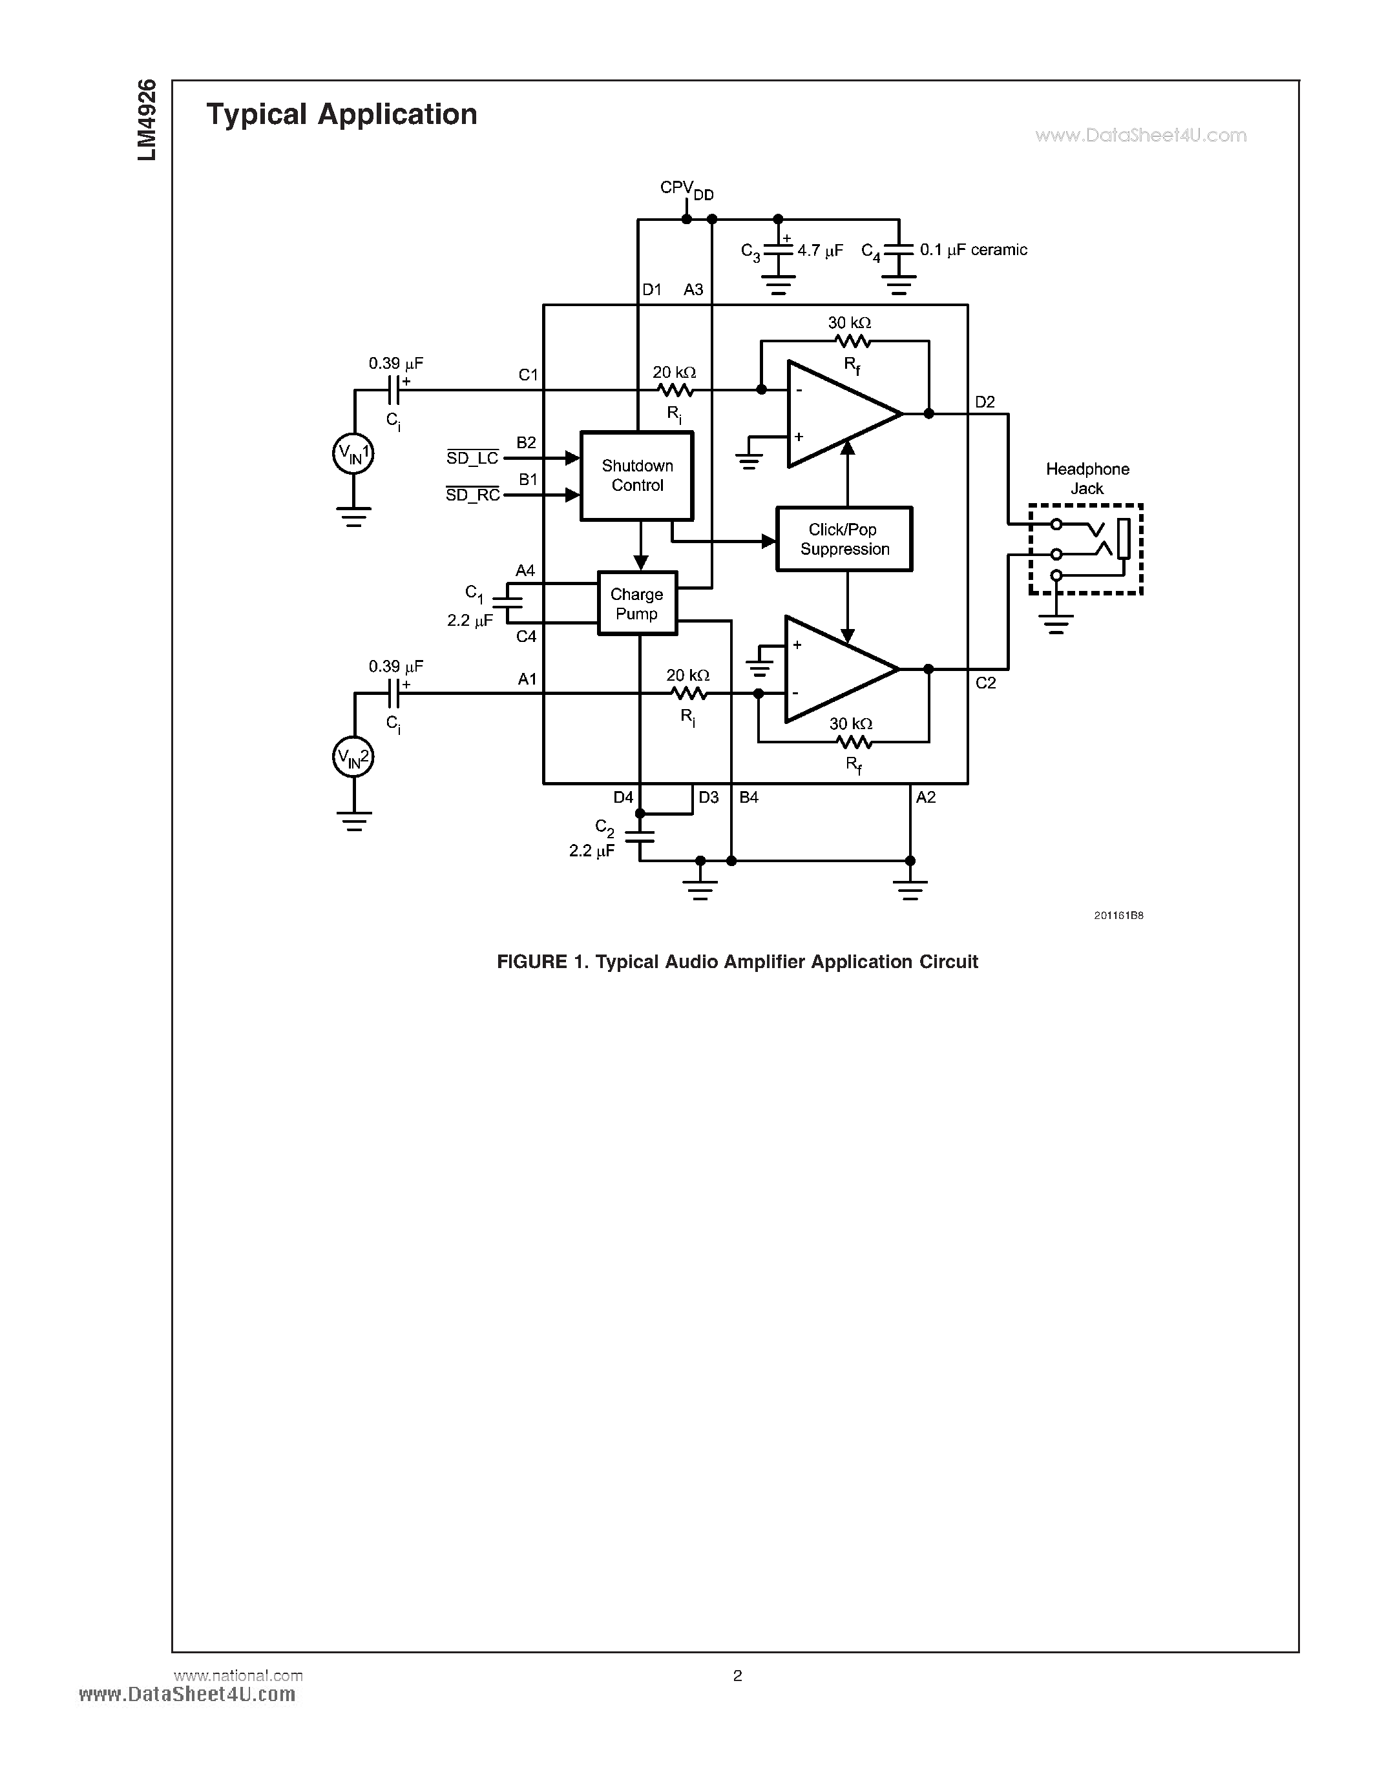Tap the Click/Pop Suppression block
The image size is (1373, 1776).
tap(843, 539)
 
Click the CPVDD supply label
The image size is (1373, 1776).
tap(686, 189)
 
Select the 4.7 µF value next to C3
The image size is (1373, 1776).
tap(820, 251)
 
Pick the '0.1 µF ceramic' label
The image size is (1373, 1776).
tap(973, 251)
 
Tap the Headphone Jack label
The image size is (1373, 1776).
tap(1087, 478)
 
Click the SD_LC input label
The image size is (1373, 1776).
tap(472, 458)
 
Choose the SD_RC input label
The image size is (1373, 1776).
tap(472, 495)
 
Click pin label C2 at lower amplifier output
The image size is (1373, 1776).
tap(985, 683)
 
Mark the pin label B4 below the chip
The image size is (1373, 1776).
tap(748, 798)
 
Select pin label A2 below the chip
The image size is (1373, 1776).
tap(926, 798)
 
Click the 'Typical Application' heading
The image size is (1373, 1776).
tap(342, 115)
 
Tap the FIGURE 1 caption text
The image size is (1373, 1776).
tap(737, 962)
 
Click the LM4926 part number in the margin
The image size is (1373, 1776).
tap(147, 119)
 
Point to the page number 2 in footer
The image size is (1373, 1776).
tap(737, 1675)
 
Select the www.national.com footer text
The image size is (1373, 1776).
tap(238, 1675)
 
